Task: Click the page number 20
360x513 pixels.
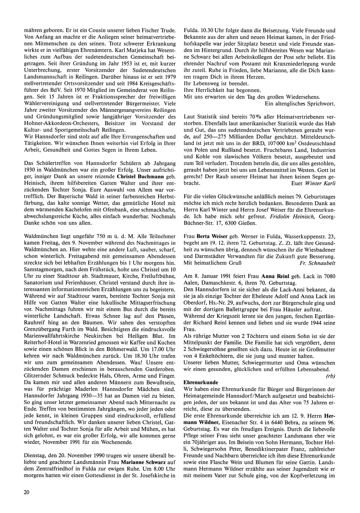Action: click(26, 492)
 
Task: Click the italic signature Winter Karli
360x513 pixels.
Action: click(320, 183)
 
